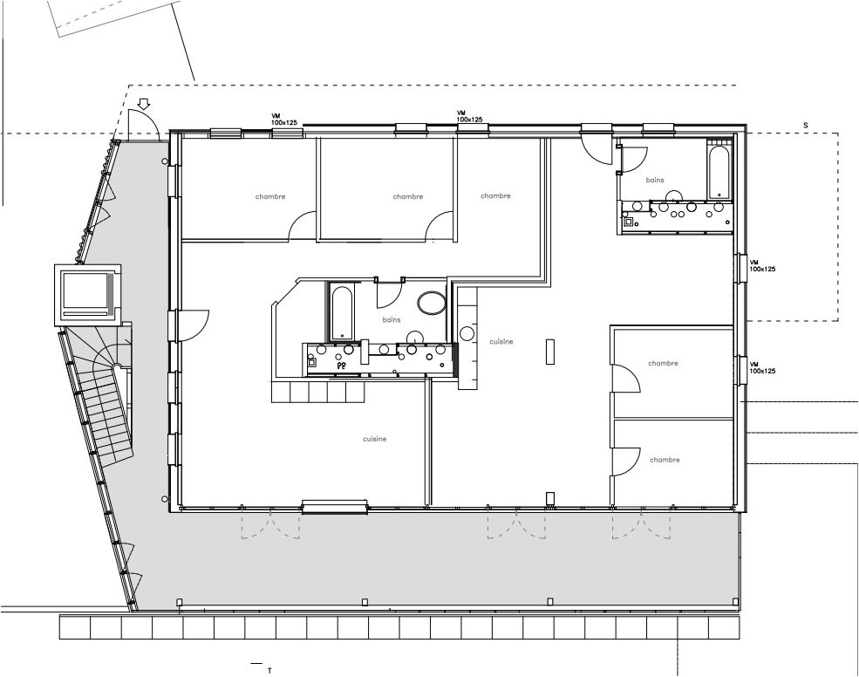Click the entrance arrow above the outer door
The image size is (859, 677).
coord(144,104)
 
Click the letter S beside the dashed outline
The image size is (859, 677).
coord(805,125)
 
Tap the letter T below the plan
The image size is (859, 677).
coord(269,670)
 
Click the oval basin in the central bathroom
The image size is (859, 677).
coord(432,302)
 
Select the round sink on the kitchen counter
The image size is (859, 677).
coord(467,333)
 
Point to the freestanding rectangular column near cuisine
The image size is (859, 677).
coord(550,352)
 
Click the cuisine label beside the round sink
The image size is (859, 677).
coord(501,341)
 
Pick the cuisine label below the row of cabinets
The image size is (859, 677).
coord(375,439)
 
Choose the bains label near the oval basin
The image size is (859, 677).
coord(392,319)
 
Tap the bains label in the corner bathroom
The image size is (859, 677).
coord(655,180)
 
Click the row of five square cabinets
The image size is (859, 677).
coord(318,392)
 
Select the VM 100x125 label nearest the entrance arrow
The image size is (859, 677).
coord(283,119)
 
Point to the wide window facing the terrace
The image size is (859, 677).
coord(335,507)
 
